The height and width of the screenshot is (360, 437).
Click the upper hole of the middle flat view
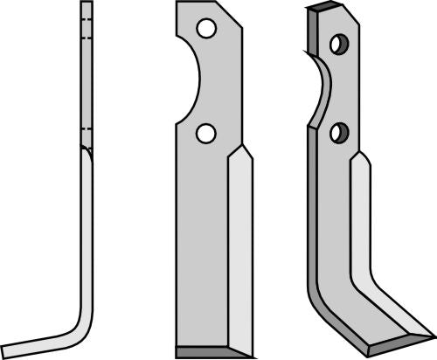point(206,29)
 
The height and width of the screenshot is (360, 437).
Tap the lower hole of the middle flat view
point(206,133)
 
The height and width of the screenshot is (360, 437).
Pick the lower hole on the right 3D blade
point(338,133)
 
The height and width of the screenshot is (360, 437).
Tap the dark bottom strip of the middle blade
point(215,352)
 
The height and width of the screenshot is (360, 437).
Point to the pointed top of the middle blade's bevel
point(243,148)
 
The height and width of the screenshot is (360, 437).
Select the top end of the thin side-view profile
point(86,3)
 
